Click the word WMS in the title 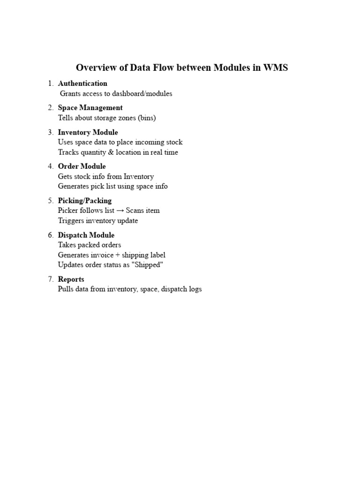click(x=276, y=68)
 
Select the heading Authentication click(x=82, y=83)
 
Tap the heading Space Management click(x=90, y=108)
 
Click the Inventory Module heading click(x=88, y=132)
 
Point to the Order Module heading click(x=82, y=166)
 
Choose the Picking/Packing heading click(x=84, y=201)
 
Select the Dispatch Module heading click(x=86, y=235)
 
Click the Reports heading click(x=71, y=279)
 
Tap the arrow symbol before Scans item click(x=120, y=210)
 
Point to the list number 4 click(x=50, y=166)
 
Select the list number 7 click(x=50, y=279)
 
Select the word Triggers click(x=71, y=221)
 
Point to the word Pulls click(x=66, y=289)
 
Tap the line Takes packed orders click(x=89, y=245)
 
